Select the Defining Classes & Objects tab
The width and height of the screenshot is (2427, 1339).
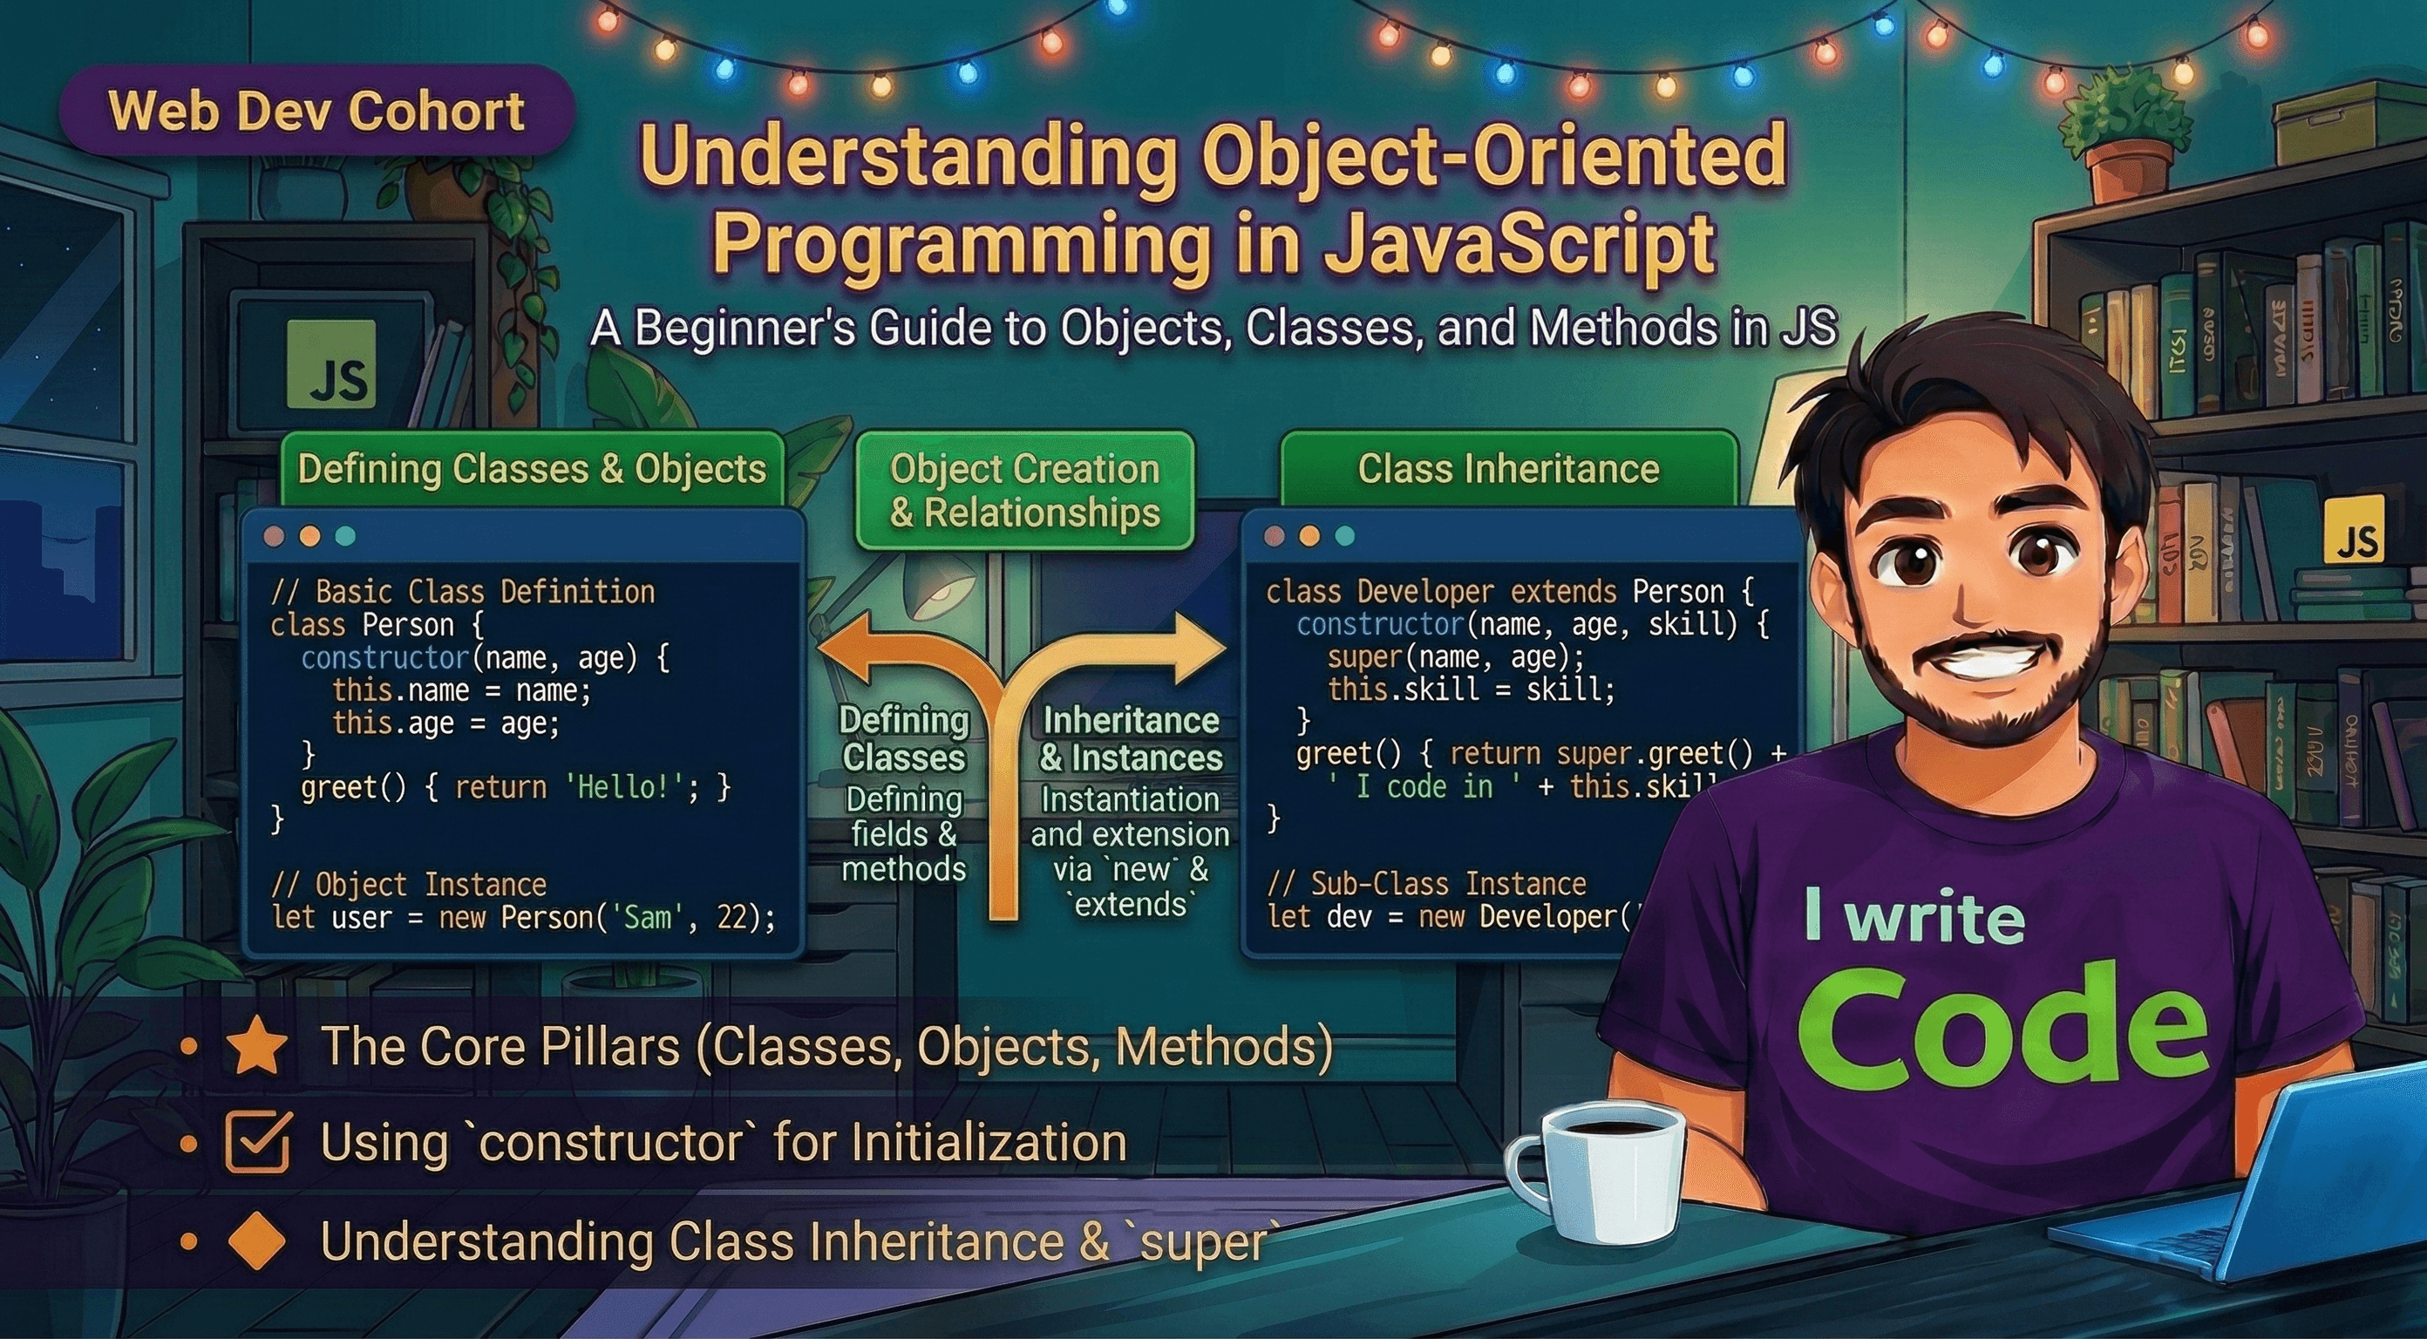pos(532,469)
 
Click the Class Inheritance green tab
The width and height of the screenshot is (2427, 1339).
pos(1507,469)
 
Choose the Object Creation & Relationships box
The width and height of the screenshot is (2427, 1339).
pos(1024,491)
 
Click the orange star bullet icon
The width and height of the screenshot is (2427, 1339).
pos(257,1049)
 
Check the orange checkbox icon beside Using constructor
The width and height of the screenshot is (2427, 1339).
pos(257,1141)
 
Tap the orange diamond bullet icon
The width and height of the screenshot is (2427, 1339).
pos(257,1241)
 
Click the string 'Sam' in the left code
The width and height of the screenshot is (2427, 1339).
pos(647,917)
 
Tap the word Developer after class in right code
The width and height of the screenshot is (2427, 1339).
pos(1424,592)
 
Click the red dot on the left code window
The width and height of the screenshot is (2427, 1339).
pos(274,536)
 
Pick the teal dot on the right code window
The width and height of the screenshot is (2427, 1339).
pos(1344,536)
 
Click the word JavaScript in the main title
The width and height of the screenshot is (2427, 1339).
pos(1517,243)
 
